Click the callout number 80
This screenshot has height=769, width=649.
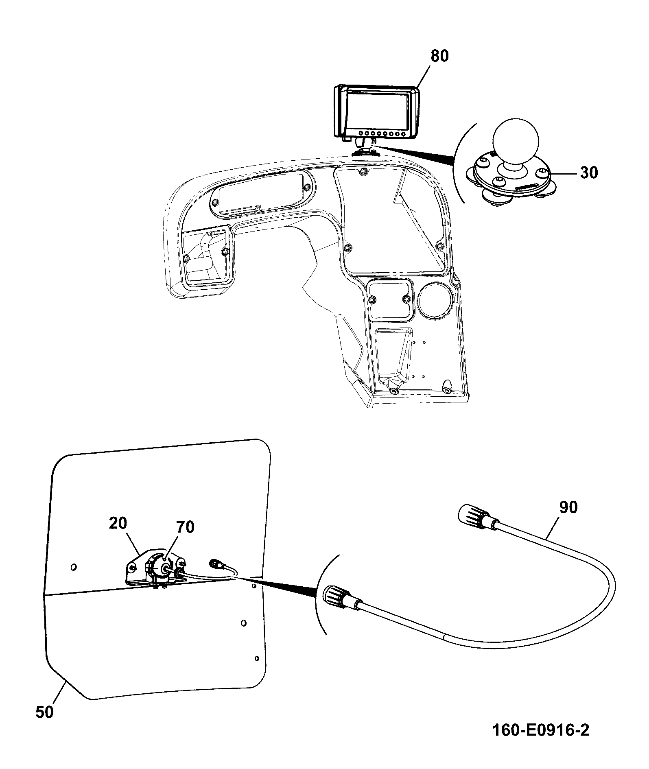[x=439, y=56]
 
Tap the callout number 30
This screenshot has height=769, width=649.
[x=589, y=173]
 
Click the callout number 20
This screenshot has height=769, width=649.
[x=118, y=523]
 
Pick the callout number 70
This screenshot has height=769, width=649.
[x=185, y=527]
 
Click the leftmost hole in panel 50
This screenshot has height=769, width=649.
[x=73, y=567]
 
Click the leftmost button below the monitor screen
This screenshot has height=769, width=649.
[x=361, y=133]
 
